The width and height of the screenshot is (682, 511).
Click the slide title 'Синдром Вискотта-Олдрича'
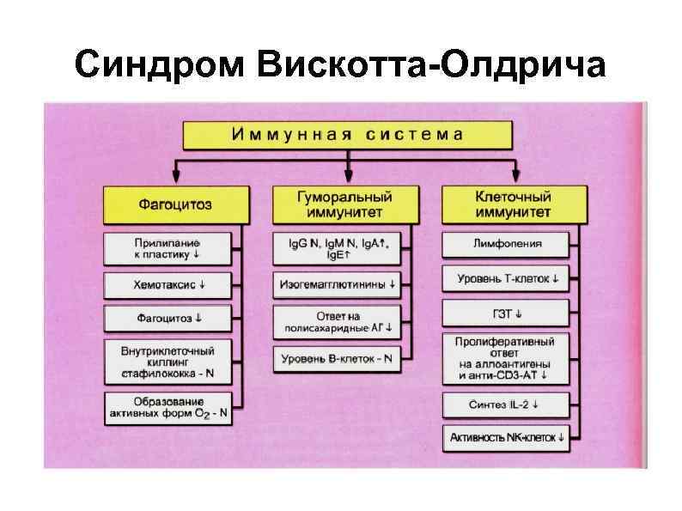pos(340,64)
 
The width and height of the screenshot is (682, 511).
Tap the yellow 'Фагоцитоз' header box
pos(175,205)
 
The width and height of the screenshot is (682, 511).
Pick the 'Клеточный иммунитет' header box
pos(513,204)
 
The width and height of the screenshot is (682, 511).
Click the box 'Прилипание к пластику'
pos(168,249)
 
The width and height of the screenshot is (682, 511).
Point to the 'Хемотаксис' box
pos(168,283)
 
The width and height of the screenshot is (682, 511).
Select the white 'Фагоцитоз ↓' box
pos(168,318)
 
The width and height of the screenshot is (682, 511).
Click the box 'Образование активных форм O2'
pos(168,407)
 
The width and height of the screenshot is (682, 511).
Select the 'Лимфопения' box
pos(508,244)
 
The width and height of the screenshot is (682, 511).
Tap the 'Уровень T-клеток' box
pos(508,279)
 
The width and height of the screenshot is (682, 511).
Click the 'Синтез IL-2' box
pos(508,403)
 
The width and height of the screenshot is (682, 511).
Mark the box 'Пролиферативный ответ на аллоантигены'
pos(508,358)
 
